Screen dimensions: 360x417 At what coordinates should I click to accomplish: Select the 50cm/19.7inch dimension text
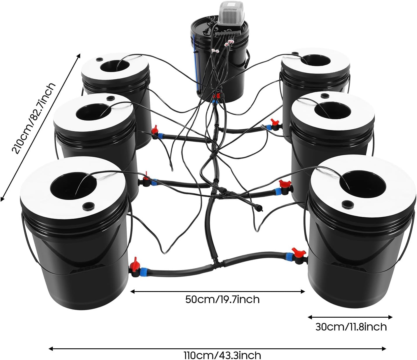click(x=222, y=299)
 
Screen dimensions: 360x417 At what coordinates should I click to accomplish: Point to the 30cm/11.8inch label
click(x=351, y=326)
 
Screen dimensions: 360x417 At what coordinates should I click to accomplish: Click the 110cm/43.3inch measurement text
click(x=222, y=355)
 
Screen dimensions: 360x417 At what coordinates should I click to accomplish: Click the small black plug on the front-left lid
click(x=87, y=206)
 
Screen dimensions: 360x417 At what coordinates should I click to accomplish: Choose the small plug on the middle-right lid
click(x=324, y=95)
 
